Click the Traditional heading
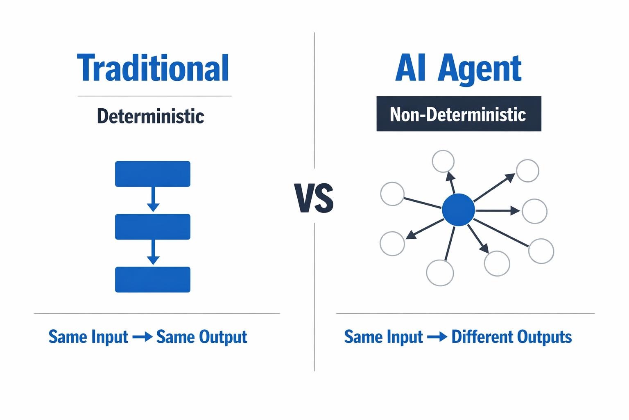coord(153,68)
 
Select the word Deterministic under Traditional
coord(151,116)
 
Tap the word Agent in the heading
coord(480,69)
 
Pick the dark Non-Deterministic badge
coord(459,114)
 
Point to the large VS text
coord(314,199)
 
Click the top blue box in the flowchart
coord(153,174)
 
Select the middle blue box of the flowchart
coord(153,226)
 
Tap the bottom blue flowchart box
coord(153,279)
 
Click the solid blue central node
coord(458,210)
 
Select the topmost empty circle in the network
coord(443,161)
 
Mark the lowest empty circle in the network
coord(440,273)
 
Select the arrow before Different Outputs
coord(437,337)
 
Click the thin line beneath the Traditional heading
coord(154,96)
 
